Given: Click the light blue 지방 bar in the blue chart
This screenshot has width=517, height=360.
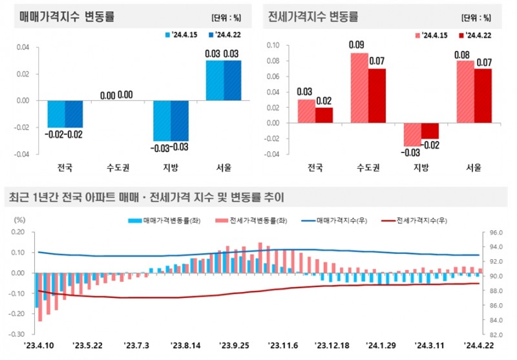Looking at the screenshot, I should (x=162, y=121).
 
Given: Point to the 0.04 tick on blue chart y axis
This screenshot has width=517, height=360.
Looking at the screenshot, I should (x=22, y=47).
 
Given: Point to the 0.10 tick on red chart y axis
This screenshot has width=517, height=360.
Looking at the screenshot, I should (x=272, y=45).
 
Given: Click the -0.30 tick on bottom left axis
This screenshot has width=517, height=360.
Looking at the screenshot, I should (x=16, y=335).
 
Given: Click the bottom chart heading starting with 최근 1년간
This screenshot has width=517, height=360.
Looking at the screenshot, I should (x=145, y=197).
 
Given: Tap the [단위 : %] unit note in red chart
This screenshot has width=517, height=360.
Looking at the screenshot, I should (x=476, y=18).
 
